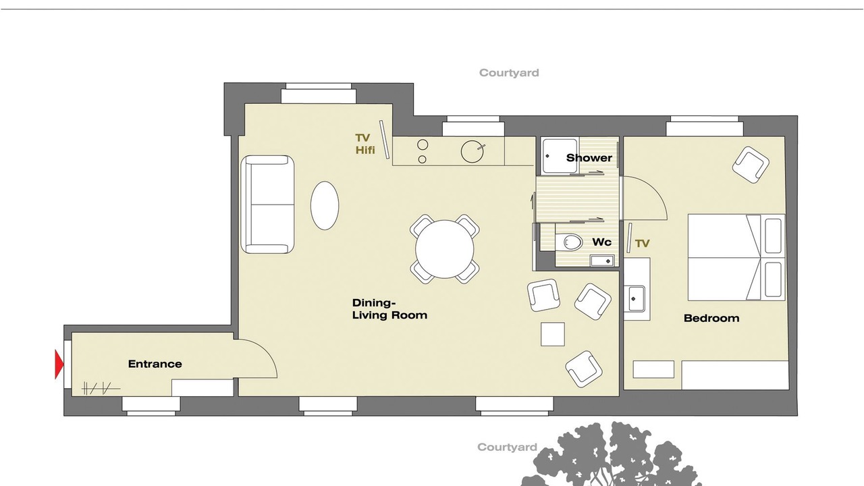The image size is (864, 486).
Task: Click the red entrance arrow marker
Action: click(59, 364)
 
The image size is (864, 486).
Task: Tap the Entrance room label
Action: click(155, 364)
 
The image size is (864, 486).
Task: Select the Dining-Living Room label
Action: click(389, 309)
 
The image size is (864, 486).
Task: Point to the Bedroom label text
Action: click(711, 318)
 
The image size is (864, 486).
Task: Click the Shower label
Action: click(589, 158)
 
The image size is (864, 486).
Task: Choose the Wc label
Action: click(601, 242)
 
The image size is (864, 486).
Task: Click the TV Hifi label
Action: click(365, 144)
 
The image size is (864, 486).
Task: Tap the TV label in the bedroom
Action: click(642, 244)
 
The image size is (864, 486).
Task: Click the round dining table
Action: click(444, 249)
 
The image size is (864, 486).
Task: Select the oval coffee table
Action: click(325, 206)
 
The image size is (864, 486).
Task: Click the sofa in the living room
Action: click(267, 205)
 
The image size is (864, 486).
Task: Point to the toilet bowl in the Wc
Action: click(573, 242)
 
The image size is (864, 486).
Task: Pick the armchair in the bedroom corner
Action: click(751, 165)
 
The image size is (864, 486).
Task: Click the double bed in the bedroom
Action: click(736, 257)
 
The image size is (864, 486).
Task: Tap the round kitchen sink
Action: click(472, 151)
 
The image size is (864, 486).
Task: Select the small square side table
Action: click(553, 334)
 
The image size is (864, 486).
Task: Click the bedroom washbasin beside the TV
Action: click(634, 298)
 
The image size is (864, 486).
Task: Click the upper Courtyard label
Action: click(509, 73)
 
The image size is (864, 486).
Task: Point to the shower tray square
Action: click(560, 156)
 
